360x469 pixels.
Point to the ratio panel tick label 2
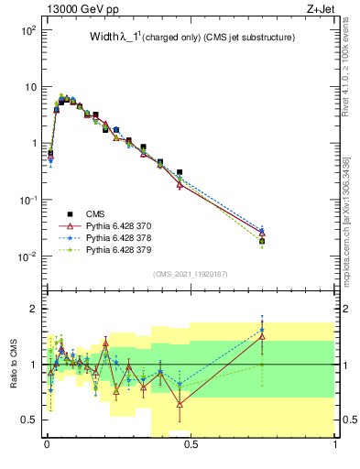[34, 309]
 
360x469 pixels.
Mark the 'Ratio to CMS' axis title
[13, 365]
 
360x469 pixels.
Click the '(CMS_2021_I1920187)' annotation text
[191, 274]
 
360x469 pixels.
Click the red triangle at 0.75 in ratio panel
[263, 337]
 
